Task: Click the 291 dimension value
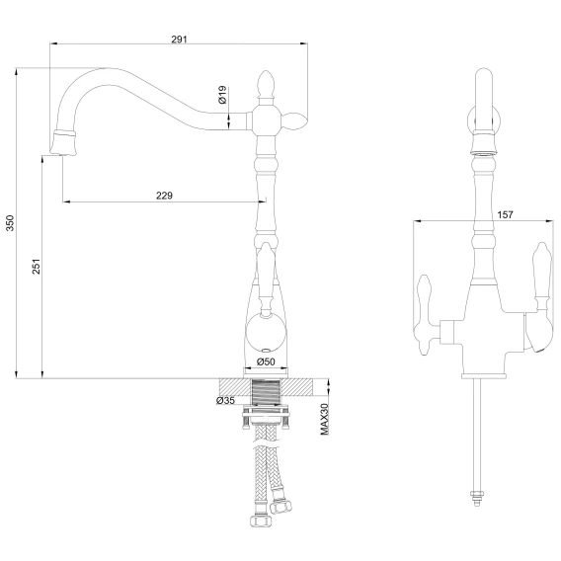(x=179, y=39)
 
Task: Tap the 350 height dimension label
(x=10, y=223)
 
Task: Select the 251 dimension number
(x=37, y=267)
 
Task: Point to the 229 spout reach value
(x=164, y=196)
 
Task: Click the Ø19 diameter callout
(x=222, y=95)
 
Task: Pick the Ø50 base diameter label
(x=266, y=361)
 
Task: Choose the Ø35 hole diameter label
(x=225, y=400)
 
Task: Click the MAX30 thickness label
(x=325, y=419)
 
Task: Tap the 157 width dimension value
(x=505, y=214)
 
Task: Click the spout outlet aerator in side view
(x=63, y=143)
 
